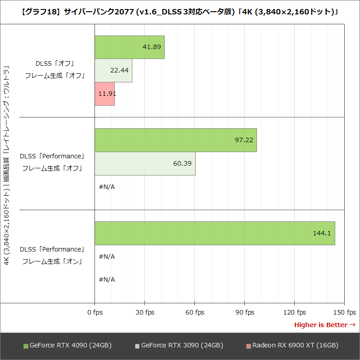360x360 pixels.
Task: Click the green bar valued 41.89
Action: click(x=130, y=47)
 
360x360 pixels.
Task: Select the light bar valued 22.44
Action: click(x=113, y=71)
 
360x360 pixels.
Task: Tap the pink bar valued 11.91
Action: click(x=104, y=94)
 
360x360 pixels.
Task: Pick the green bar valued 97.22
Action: click(x=175, y=140)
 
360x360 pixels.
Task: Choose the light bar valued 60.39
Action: click(x=145, y=163)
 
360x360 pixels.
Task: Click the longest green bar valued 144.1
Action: click(x=215, y=233)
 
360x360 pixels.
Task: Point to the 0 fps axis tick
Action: click(x=94, y=312)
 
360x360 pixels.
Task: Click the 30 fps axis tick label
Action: click(x=144, y=312)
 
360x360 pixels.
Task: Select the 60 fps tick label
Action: click(x=194, y=312)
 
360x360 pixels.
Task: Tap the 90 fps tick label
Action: click(x=244, y=312)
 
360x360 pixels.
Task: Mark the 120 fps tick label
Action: click(x=295, y=312)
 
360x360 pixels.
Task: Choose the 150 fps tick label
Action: click(x=345, y=312)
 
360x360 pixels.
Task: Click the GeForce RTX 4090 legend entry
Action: click(x=67, y=346)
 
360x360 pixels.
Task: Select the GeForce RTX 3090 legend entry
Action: click(x=179, y=346)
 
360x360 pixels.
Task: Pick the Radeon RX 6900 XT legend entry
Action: click(x=292, y=346)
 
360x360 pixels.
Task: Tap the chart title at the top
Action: click(x=180, y=12)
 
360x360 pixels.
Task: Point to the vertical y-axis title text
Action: click(x=7, y=166)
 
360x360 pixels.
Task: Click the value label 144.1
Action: click(x=322, y=233)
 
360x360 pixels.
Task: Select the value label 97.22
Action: click(x=244, y=140)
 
